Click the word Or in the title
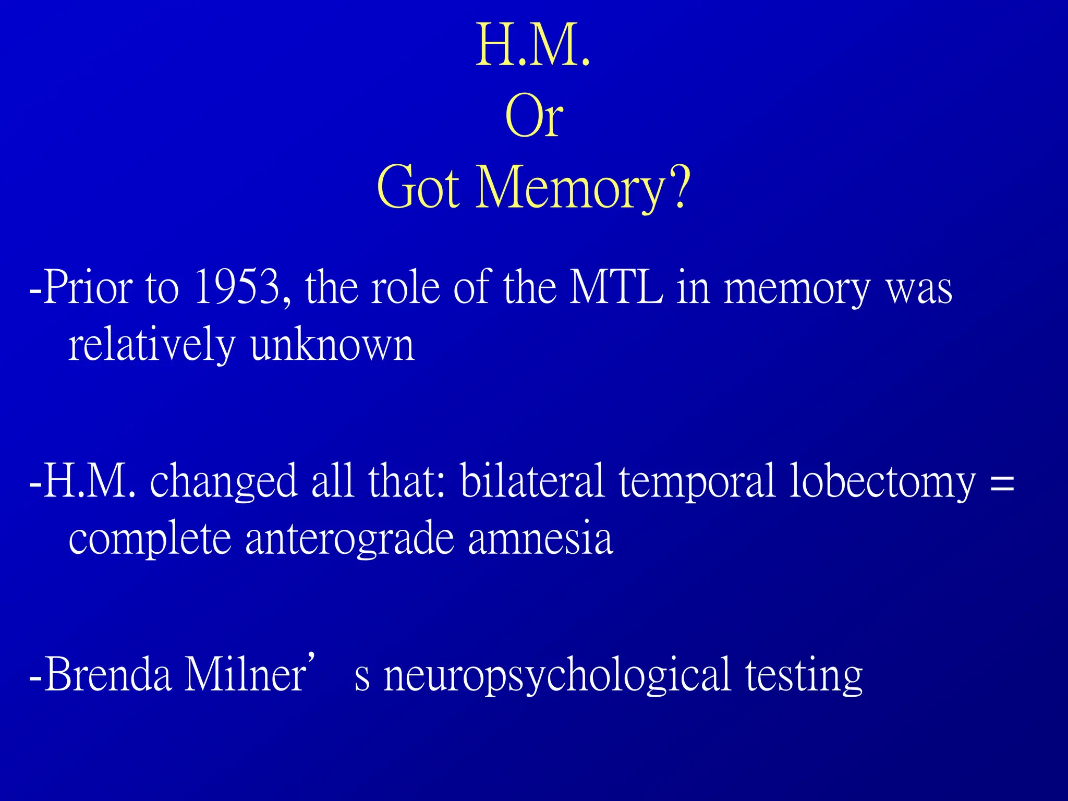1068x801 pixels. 534,117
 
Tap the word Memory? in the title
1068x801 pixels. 584,188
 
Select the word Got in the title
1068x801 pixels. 418,188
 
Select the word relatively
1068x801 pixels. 152,345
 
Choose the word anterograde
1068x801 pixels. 349,539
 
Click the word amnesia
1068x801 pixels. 540,538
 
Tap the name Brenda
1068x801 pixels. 108,675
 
